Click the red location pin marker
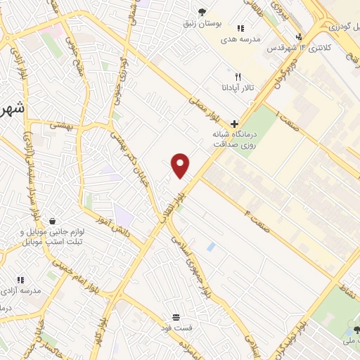[181, 165]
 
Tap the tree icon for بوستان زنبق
[202, 11]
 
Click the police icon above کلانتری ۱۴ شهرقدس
[299, 37]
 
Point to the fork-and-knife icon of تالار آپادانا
[238, 77]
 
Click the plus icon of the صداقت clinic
[234, 123]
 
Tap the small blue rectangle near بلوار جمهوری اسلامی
[211, 247]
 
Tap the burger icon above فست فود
[175, 318]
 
